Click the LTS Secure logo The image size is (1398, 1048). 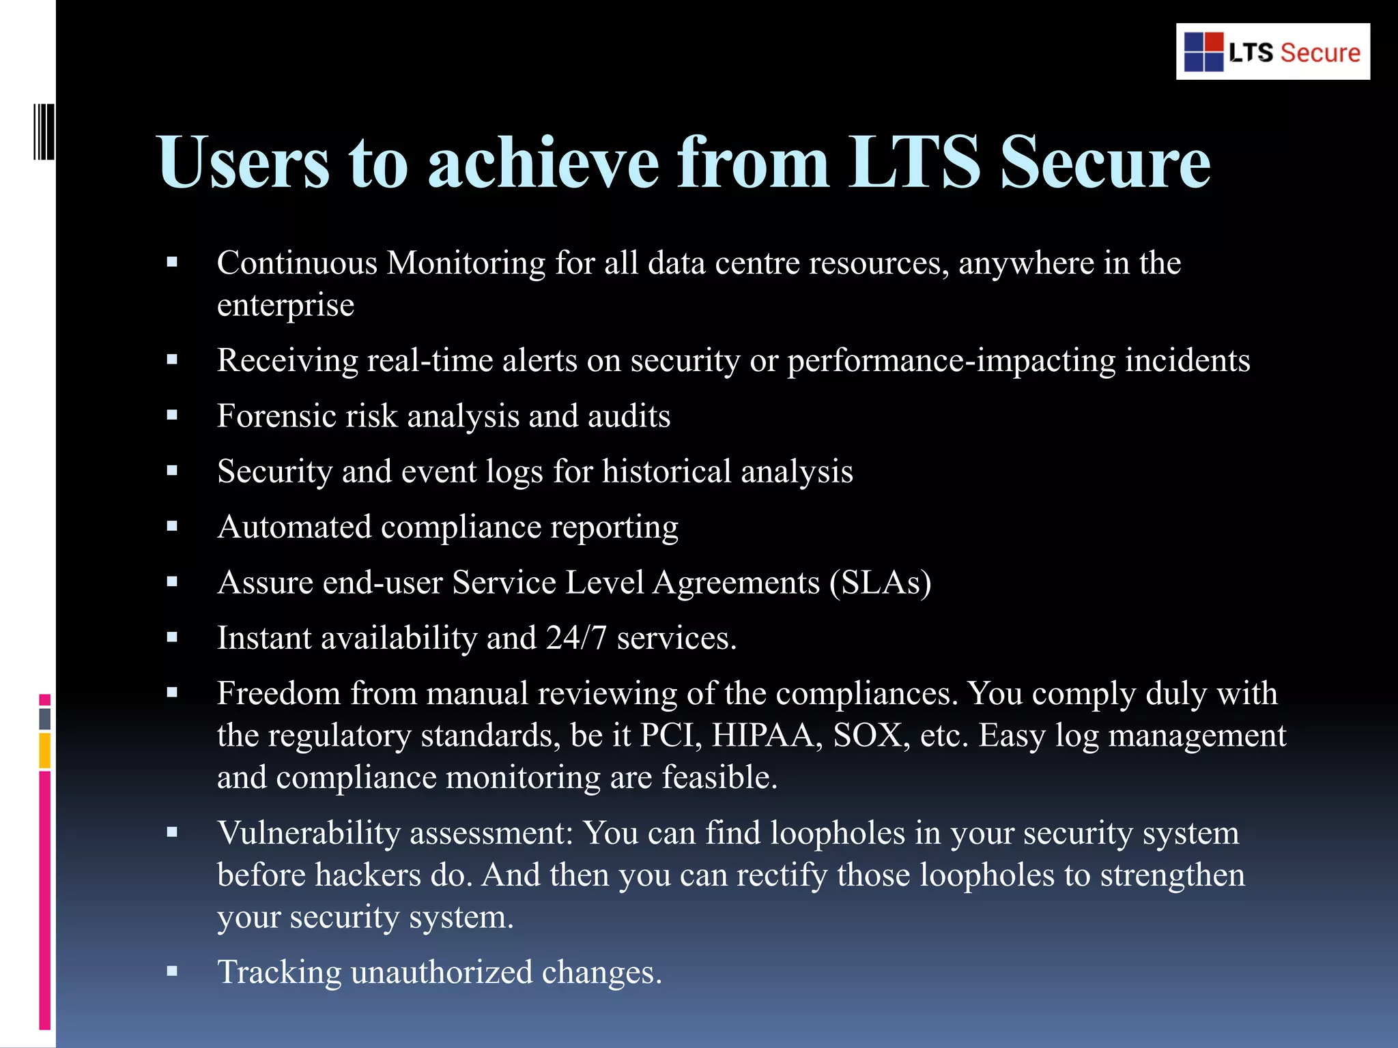click(1272, 52)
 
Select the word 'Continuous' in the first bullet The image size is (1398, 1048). click(297, 263)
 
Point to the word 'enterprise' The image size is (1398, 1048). click(285, 306)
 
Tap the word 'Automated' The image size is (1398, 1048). click(294, 527)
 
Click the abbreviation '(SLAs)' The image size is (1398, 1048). click(881, 583)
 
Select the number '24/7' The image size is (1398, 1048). click(576, 638)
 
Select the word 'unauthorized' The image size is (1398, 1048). click(442, 972)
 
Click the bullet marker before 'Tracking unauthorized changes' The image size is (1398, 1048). click(172, 971)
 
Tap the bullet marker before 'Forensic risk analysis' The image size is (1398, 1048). click(172, 414)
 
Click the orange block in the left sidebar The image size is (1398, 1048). click(44, 751)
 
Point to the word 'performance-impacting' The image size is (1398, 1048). click(952, 361)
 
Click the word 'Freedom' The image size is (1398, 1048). click(279, 694)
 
